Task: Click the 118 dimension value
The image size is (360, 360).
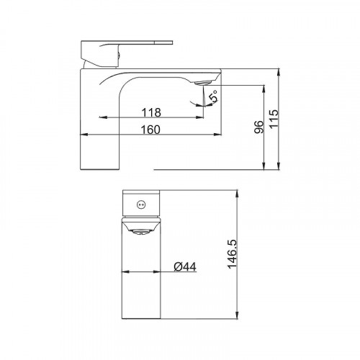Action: (x=151, y=112)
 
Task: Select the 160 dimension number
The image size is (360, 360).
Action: (x=150, y=130)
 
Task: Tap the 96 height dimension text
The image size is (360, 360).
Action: (x=258, y=127)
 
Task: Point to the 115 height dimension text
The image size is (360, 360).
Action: (x=274, y=119)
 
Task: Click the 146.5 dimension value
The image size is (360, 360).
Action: (x=232, y=254)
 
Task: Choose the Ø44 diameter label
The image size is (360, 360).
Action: (x=185, y=266)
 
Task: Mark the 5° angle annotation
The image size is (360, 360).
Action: (x=213, y=96)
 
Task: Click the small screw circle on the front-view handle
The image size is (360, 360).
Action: (x=141, y=204)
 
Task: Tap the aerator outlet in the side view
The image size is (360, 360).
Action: (x=203, y=83)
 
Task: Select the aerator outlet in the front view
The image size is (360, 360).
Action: (x=141, y=232)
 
